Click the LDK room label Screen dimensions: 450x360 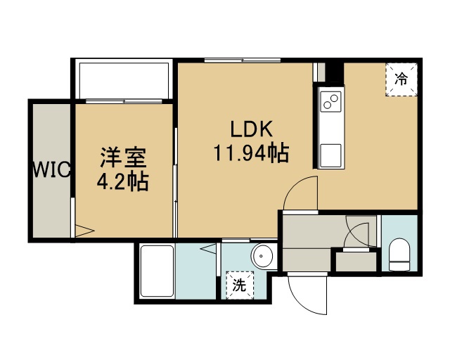(x=252, y=129)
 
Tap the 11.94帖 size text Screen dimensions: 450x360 (x=251, y=153)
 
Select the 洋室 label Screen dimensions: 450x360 (x=123, y=157)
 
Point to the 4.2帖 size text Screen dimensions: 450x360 (x=122, y=181)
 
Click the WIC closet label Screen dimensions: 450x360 (x=51, y=169)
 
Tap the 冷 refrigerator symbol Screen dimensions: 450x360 (x=401, y=79)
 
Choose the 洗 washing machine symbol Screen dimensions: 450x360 (x=239, y=285)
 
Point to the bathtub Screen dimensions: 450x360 (x=157, y=271)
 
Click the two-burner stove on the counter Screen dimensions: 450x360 (x=330, y=101)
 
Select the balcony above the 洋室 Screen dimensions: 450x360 (x=124, y=79)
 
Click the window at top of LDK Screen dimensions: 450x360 (x=243, y=60)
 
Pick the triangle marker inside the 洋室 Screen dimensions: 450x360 (x=84, y=231)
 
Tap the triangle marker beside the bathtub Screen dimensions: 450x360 (x=208, y=248)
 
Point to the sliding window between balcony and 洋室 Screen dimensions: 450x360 (x=124, y=101)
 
